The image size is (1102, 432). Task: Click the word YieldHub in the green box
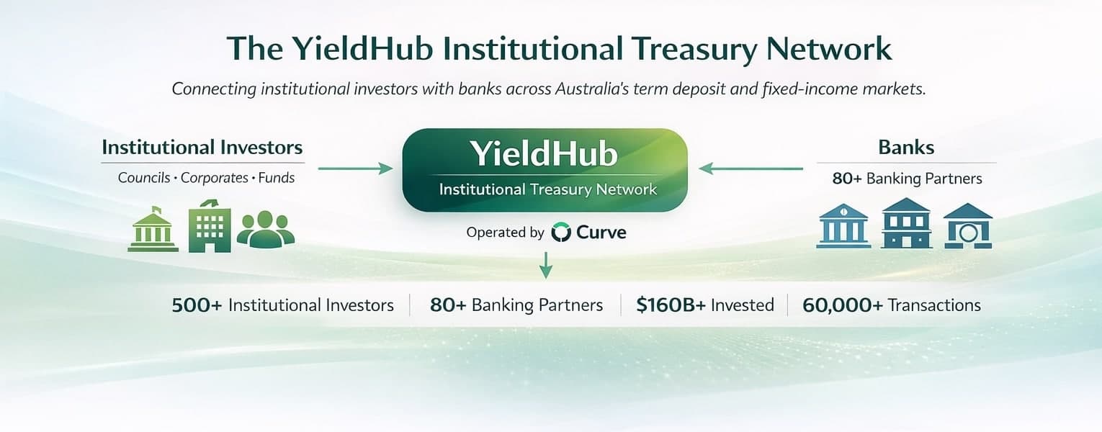(544, 153)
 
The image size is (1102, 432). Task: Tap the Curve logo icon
(561, 232)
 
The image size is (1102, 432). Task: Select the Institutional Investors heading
(202, 148)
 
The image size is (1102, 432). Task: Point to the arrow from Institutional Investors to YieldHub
(355, 168)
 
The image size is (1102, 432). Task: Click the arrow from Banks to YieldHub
(751, 168)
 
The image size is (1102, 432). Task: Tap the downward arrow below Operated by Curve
(546, 264)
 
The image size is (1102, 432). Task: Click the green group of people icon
(266, 229)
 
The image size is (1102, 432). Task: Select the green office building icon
(209, 226)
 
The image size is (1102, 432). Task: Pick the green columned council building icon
(153, 230)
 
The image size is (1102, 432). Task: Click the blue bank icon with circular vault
(968, 226)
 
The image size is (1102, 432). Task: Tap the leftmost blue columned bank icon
(842, 226)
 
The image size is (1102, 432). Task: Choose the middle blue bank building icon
(905, 224)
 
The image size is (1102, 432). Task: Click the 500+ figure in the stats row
(197, 305)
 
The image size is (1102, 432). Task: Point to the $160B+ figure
(671, 305)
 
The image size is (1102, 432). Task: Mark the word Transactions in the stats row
(934, 305)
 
